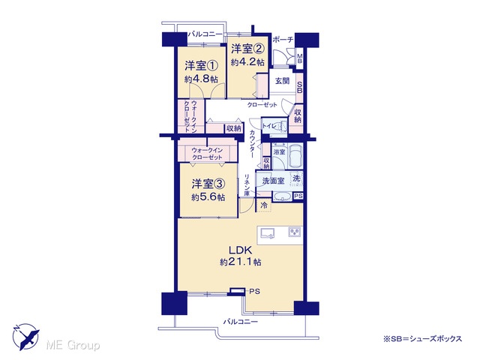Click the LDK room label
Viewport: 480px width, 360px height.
click(x=241, y=250)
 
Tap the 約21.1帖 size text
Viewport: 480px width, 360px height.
click(x=240, y=262)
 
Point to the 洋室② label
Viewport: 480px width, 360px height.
click(x=247, y=48)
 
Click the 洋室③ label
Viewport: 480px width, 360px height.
click(x=208, y=184)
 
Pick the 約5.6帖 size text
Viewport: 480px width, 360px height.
click(x=208, y=197)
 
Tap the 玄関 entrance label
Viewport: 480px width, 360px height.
click(x=282, y=81)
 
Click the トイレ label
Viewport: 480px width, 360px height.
click(x=269, y=126)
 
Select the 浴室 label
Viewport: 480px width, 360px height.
click(x=279, y=152)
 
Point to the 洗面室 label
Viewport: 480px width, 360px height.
click(x=273, y=181)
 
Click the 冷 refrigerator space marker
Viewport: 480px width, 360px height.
click(x=263, y=205)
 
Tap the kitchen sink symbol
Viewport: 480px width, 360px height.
click(x=267, y=233)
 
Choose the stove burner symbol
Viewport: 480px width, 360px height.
click(x=295, y=232)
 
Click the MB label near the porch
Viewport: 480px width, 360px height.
click(x=300, y=58)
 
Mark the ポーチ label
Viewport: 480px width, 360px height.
click(x=283, y=40)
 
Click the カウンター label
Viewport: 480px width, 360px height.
click(x=252, y=143)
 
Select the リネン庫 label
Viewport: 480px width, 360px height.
click(x=247, y=185)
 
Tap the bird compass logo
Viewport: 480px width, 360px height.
click(x=26, y=337)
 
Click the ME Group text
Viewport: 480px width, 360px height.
click(x=73, y=345)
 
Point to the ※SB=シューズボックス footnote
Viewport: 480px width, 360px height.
click(x=422, y=339)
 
